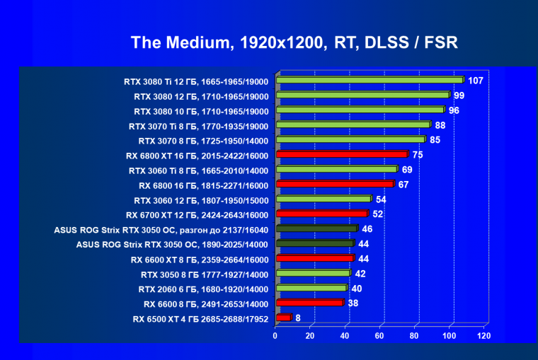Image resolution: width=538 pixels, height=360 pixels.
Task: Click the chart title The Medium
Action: tap(294, 42)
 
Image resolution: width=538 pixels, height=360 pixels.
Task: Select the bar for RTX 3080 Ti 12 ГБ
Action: tap(369, 81)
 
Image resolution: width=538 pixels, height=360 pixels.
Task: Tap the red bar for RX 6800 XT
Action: tap(342, 154)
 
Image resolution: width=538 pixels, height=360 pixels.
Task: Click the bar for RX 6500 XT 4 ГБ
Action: tap(283, 318)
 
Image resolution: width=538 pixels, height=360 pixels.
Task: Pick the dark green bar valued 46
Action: tap(316, 229)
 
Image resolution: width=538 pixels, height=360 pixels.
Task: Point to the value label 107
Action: tap(476, 81)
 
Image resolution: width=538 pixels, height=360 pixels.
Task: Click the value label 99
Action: tap(459, 95)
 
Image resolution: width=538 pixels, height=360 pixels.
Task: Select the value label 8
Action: tap(298, 318)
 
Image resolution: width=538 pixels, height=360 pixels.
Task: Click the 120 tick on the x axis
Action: tap(484, 336)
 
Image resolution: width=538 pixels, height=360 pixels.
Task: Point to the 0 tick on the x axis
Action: tap(275, 336)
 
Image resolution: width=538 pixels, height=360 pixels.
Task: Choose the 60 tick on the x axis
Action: tap(379, 336)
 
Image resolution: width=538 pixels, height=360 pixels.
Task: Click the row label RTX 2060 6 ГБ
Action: tap(205, 289)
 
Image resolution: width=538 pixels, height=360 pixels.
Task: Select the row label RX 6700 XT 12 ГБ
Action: tap(197, 214)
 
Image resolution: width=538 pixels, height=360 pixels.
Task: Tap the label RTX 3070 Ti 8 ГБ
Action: tap(198, 125)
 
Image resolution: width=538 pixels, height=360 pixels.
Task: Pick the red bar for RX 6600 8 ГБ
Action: tap(309, 303)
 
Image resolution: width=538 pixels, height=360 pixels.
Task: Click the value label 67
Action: tap(403, 185)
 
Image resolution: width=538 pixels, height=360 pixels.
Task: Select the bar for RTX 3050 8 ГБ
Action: tap(313, 273)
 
